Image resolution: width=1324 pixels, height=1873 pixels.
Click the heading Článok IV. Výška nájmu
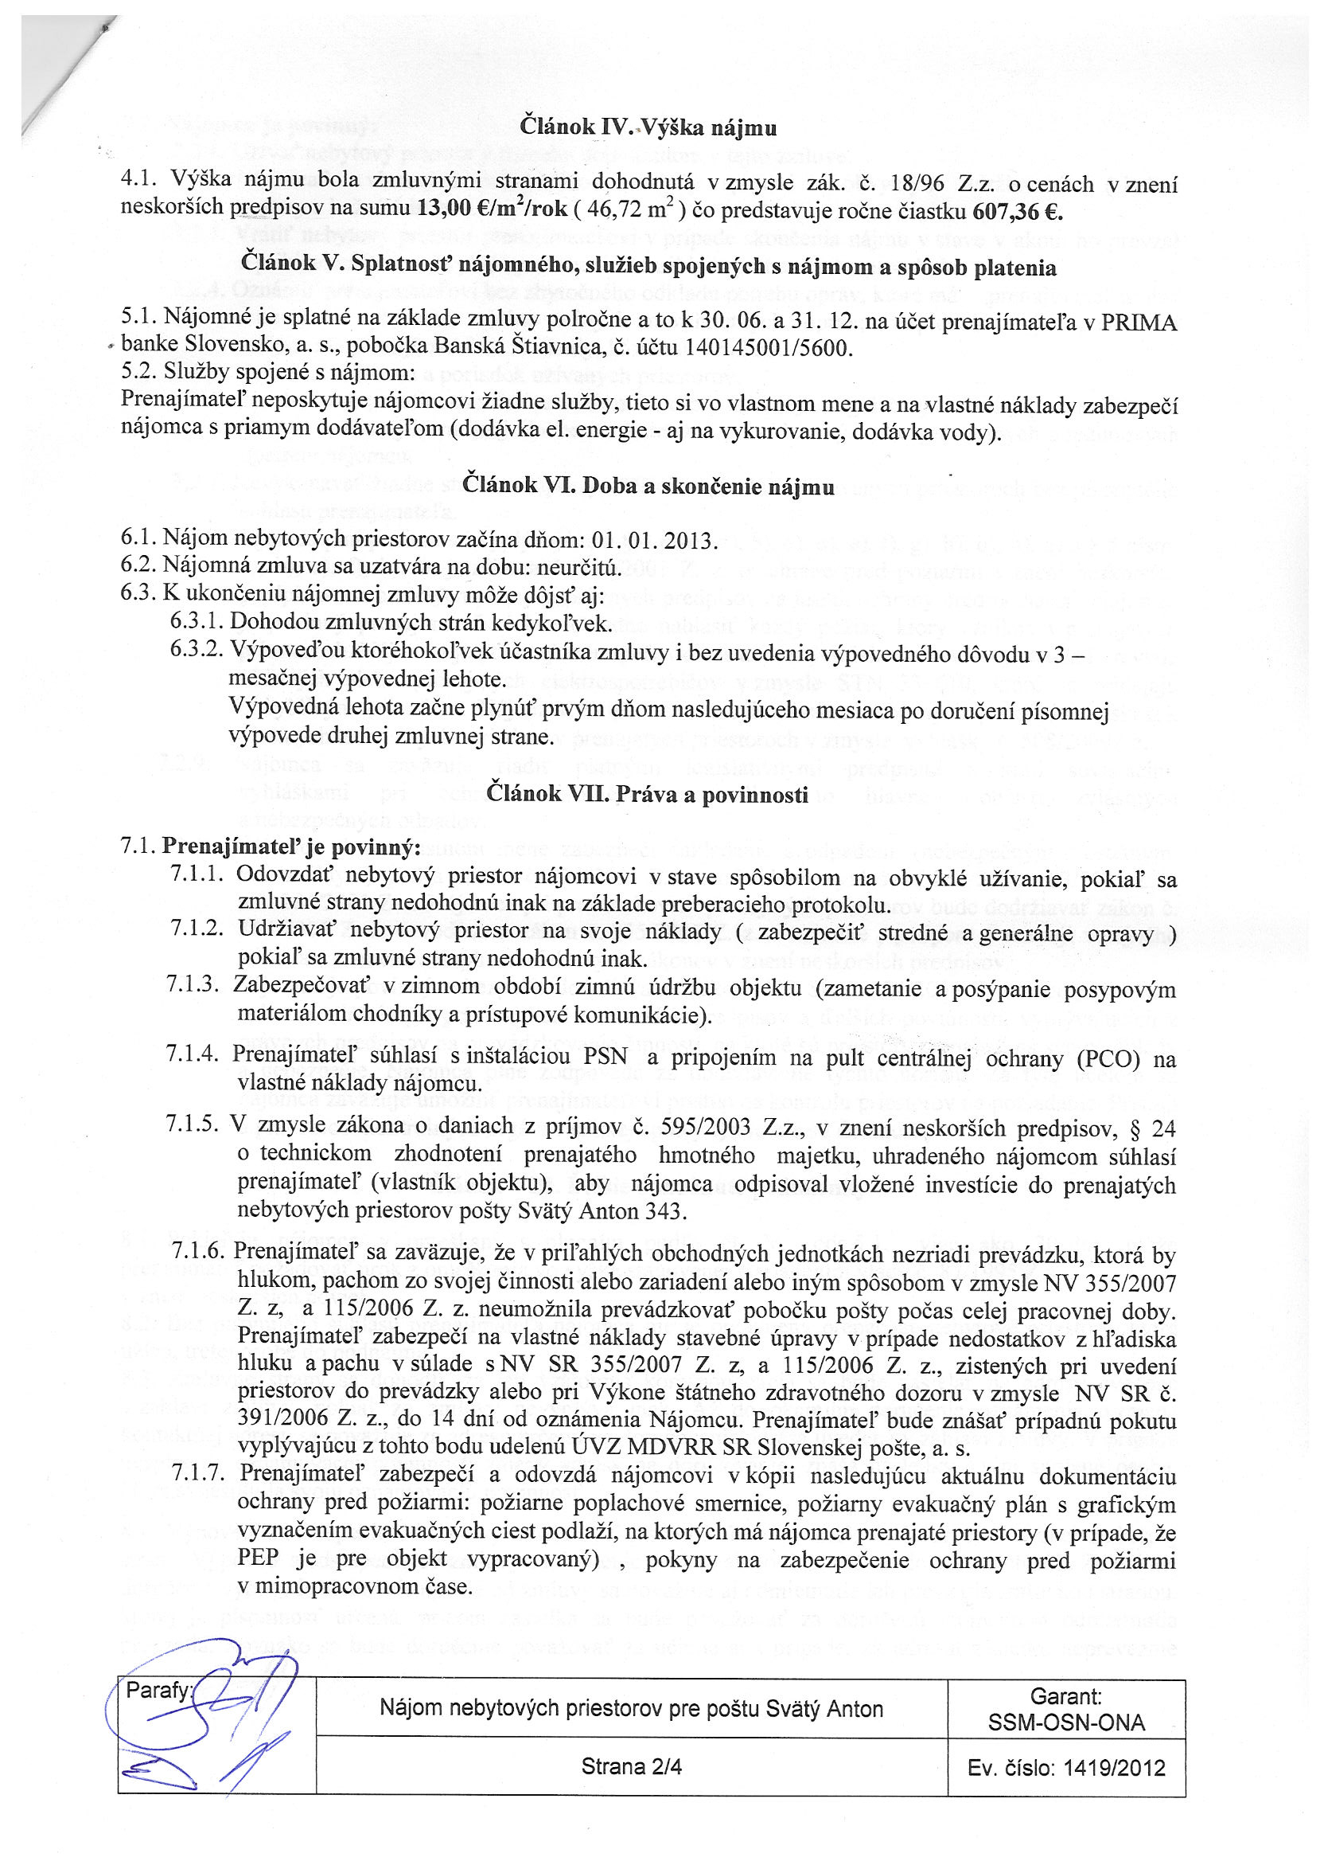648,128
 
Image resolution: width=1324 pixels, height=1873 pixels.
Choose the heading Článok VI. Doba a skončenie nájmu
648,487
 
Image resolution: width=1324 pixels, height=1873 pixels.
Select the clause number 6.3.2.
197,651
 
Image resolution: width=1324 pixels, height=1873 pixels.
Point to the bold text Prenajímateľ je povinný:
291,847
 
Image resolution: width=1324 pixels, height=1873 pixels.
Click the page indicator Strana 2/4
631,1767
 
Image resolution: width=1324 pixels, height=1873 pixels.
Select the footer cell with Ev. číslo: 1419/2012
1065,1768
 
